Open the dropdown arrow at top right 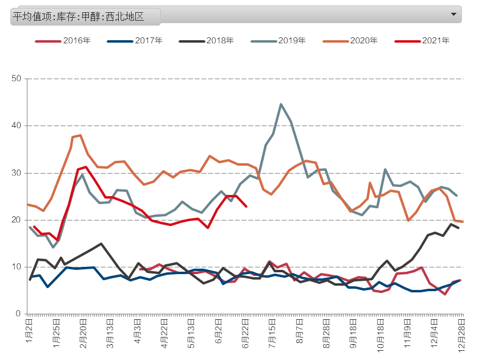pyautogui.click(x=453, y=13)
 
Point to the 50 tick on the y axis pyautogui.click(x=16, y=79)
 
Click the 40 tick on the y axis pyautogui.click(x=16, y=126)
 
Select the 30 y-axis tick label pyautogui.click(x=16, y=173)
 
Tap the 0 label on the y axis pyautogui.click(x=19, y=314)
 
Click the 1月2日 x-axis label pyautogui.click(x=29, y=330)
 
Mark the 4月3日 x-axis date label pyautogui.click(x=138, y=330)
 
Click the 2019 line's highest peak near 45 pyautogui.click(x=281, y=104)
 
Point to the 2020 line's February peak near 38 pyautogui.click(x=80, y=135)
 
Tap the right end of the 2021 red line pyautogui.click(x=246, y=206)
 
